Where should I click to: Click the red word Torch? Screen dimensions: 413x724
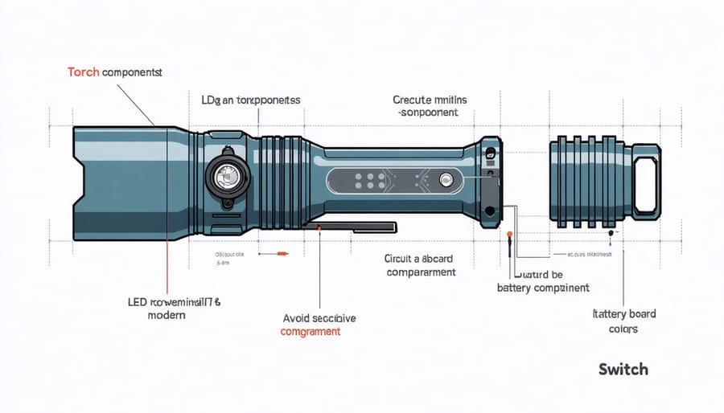pyautogui.click(x=83, y=72)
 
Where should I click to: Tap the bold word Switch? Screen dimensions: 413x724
pyautogui.click(x=623, y=369)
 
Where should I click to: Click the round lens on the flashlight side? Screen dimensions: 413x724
pyautogui.click(x=225, y=174)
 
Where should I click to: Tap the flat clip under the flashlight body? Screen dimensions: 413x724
pyautogui.click(x=354, y=227)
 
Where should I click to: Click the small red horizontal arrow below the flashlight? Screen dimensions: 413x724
pyautogui.click(x=279, y=255)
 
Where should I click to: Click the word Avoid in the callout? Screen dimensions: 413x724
pyautogui.click(x=298, y=318)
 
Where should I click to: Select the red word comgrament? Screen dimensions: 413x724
pyautogui.click(x=310, y=332)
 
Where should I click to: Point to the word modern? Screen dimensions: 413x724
pyautogui.click(x=167, y=315)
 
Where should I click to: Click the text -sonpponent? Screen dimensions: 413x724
pyautogui.click(x=428, y=113)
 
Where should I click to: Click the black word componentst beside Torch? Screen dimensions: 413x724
pyautogui.click(x=132, y=72)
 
